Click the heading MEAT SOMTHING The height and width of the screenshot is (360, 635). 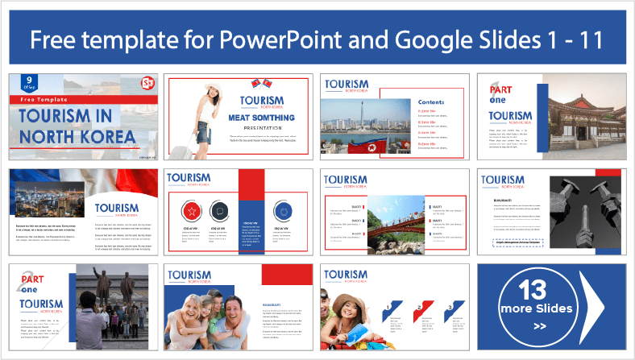point(263,118)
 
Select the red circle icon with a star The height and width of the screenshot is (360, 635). point(193,211)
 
